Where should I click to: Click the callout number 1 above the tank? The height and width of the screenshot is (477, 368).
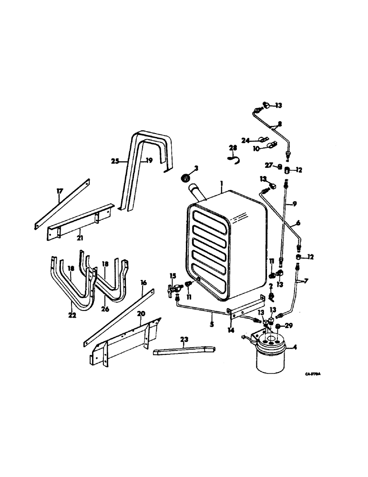[221, 183]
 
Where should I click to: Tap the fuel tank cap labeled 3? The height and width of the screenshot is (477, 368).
[184, 178]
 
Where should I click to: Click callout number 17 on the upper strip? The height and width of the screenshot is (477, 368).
[60, 191]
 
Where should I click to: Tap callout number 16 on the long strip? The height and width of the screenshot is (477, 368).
[143, 283]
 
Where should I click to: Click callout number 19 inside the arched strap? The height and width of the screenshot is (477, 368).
[149, 161]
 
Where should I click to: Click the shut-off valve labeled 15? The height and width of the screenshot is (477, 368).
[174, 290]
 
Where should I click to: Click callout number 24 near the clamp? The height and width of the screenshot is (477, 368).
[245, 140]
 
